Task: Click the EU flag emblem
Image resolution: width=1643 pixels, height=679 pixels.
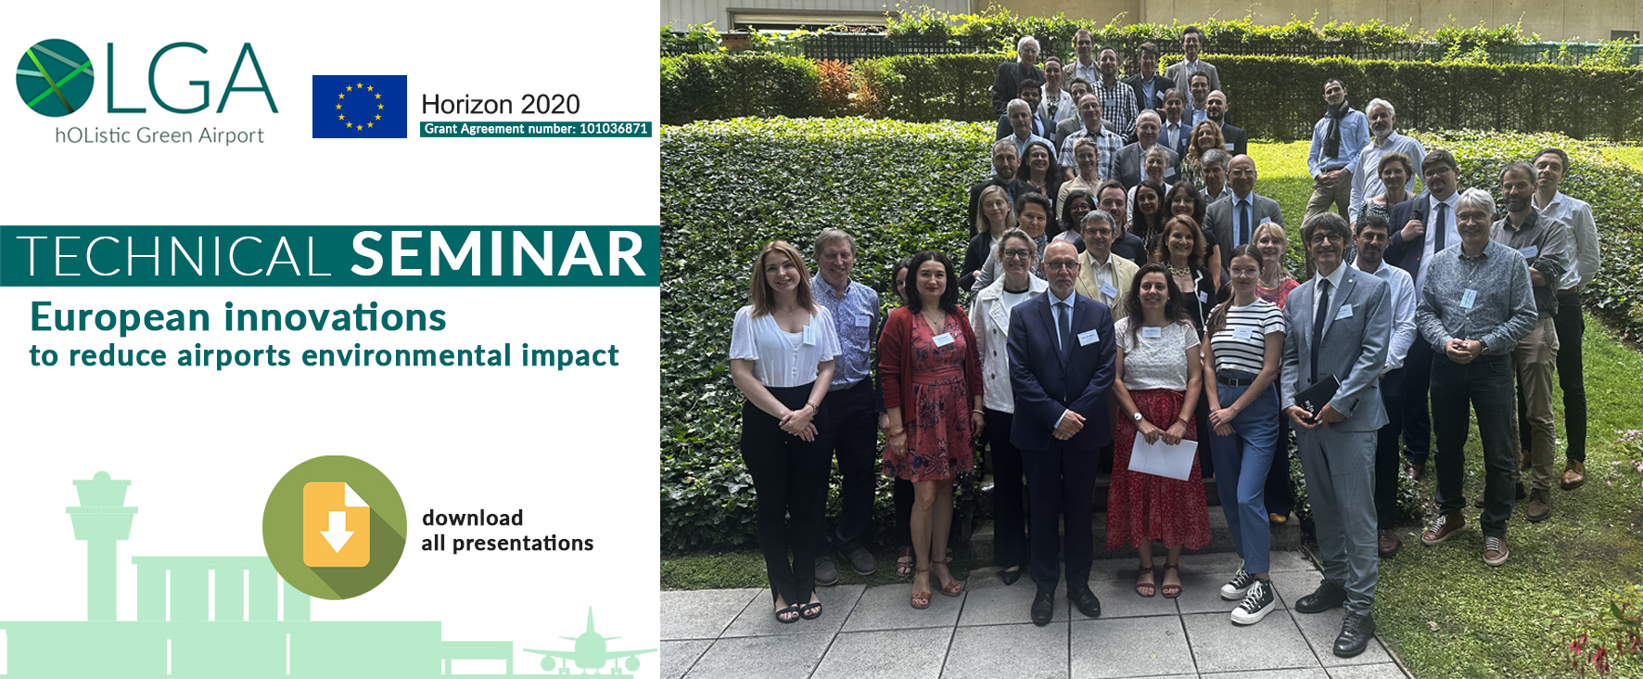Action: [x=360, y=107]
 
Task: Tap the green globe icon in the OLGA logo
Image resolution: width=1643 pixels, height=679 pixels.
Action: [x=55, y=78]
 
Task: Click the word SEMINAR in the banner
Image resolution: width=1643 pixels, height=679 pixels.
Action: [x=498, y=255]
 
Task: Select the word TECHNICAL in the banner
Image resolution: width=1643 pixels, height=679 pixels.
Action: [x=173, y=257]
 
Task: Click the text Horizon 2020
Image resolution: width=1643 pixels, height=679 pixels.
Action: [x=501, y=104]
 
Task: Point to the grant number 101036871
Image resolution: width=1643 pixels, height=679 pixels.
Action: [x=613, y=129]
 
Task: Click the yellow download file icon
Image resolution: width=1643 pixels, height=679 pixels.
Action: [x=336, y=525]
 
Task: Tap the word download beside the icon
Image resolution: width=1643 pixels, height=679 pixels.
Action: [x=472, y=518]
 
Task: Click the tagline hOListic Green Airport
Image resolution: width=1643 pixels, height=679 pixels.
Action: [x=159, y=135]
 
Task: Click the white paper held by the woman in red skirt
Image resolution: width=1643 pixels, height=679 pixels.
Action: [x=1163, y=455]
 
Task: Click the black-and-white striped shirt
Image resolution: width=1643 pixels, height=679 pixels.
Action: [x=1246, y=338]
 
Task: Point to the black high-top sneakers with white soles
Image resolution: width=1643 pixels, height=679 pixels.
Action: [x=1246, y=593]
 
